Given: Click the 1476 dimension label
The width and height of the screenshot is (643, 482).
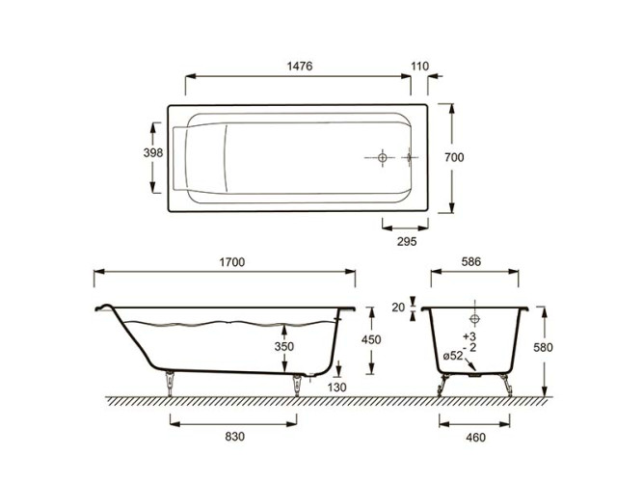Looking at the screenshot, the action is tap(300, 67).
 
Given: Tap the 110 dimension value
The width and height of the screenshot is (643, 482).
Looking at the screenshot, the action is tap(420, 67).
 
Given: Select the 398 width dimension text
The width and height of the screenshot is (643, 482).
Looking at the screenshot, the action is tap(153, 153).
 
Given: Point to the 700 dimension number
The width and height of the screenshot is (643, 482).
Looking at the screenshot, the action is tap(454, 157).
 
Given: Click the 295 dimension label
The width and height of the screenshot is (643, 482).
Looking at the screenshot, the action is tap(407, 242).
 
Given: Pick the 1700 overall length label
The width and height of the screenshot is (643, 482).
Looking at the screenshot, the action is tap(232, 262).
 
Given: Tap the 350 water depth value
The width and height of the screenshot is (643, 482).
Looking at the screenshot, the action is tap(284, 347).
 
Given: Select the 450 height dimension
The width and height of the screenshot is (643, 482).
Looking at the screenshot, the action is tap(371, 339).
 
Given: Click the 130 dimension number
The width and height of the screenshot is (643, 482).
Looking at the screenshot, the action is tap(337, 388).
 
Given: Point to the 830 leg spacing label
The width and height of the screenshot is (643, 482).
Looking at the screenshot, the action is tap(235, 437).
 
